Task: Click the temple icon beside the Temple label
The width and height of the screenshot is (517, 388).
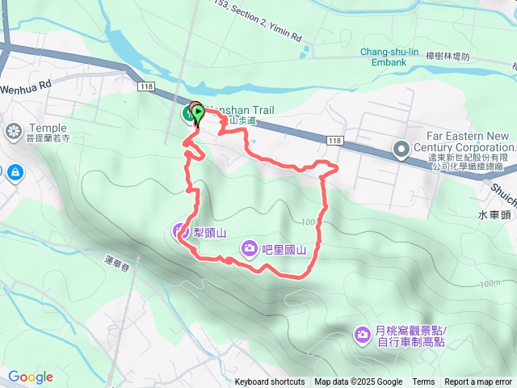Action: [x=15, y=130]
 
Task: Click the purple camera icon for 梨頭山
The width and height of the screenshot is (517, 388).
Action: [x=179, y=232]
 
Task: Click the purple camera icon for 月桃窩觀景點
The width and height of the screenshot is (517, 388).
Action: [x=363, y=332]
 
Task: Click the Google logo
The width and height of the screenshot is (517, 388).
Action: [x=31, y=377]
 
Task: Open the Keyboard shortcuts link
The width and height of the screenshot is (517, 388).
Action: [x=270, y=382]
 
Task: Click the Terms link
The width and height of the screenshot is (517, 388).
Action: [x=423, y=382]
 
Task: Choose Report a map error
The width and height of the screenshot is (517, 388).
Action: [x=478, y=382]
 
